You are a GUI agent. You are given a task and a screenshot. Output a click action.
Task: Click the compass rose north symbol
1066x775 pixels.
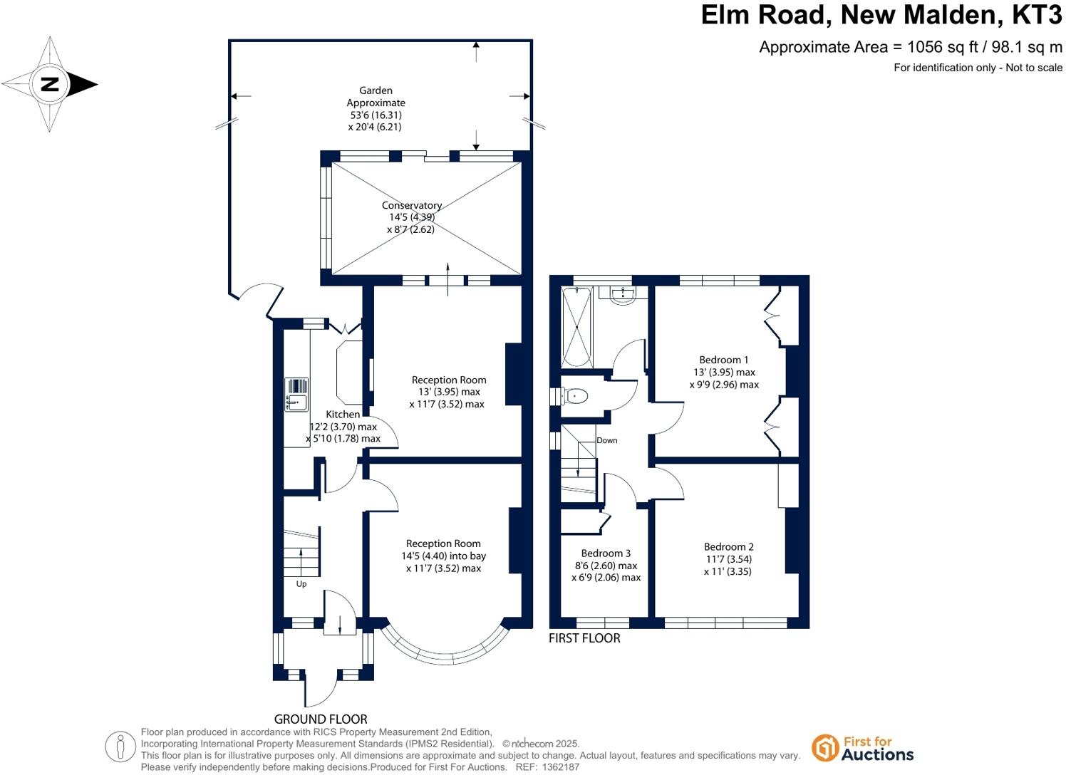click(49, 84)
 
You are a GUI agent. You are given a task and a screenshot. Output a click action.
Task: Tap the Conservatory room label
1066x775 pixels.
click(412, 205)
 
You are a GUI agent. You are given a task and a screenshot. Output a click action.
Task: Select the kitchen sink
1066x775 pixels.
click(296, 395)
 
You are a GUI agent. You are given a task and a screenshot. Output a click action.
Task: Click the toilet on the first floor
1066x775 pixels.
click(575, 396)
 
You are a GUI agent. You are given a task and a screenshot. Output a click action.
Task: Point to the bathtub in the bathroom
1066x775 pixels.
click(576, 327)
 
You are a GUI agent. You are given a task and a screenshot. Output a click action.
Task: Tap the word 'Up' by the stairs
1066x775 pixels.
click(301, 584)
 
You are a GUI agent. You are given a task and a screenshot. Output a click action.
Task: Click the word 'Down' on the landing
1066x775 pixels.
click(607, 440)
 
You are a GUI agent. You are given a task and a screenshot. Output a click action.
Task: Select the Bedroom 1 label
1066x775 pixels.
click(724, 360)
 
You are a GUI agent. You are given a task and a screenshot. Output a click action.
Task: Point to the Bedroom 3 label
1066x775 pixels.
click(606, 553)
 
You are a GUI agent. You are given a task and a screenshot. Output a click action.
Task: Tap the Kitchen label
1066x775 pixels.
click(343, 414)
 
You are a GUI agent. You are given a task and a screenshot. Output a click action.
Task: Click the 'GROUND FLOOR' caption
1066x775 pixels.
click(321, 719)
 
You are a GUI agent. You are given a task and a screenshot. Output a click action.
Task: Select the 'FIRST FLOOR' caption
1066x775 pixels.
click(584, 638)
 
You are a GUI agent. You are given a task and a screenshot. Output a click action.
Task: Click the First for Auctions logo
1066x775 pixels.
click(863, 748)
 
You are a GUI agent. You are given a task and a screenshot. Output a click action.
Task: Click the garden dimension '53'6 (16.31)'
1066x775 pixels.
click(376, 115)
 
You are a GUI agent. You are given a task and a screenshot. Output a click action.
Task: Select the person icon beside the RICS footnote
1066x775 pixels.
click(120, 747)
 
